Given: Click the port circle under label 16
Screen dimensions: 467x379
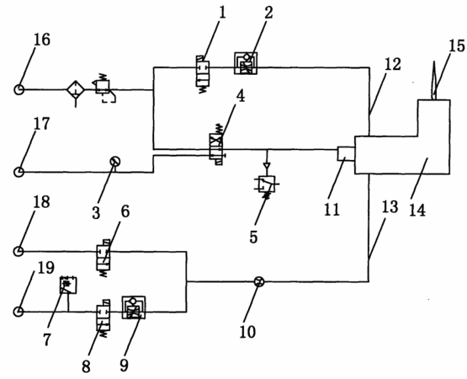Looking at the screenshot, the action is coord(19,89).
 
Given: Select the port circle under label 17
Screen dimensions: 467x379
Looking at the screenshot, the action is coord(19,172).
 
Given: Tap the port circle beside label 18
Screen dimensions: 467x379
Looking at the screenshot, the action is coord(19,251).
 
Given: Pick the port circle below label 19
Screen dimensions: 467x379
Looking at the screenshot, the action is coord(19,312).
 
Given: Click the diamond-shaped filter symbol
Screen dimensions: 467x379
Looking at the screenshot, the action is coord(76,89).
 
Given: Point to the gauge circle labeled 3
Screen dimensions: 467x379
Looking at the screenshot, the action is coord(115,162).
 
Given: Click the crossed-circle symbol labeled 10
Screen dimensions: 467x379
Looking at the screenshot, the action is coord(259,281).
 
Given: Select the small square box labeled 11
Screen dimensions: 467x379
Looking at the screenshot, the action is coord(346,153).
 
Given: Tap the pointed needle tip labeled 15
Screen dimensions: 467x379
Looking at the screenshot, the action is coord(433,62).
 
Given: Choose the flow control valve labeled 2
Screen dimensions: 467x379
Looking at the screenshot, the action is coord(246,63).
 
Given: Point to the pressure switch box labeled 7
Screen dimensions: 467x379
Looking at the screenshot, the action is coord(68,285).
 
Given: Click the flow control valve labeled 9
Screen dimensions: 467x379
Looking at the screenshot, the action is coord(134,307).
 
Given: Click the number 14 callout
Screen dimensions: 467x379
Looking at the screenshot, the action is coord(417,210).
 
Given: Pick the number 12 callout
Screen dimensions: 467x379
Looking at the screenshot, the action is coord(392,64).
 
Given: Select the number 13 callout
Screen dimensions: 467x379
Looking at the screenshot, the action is coord(390,206).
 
